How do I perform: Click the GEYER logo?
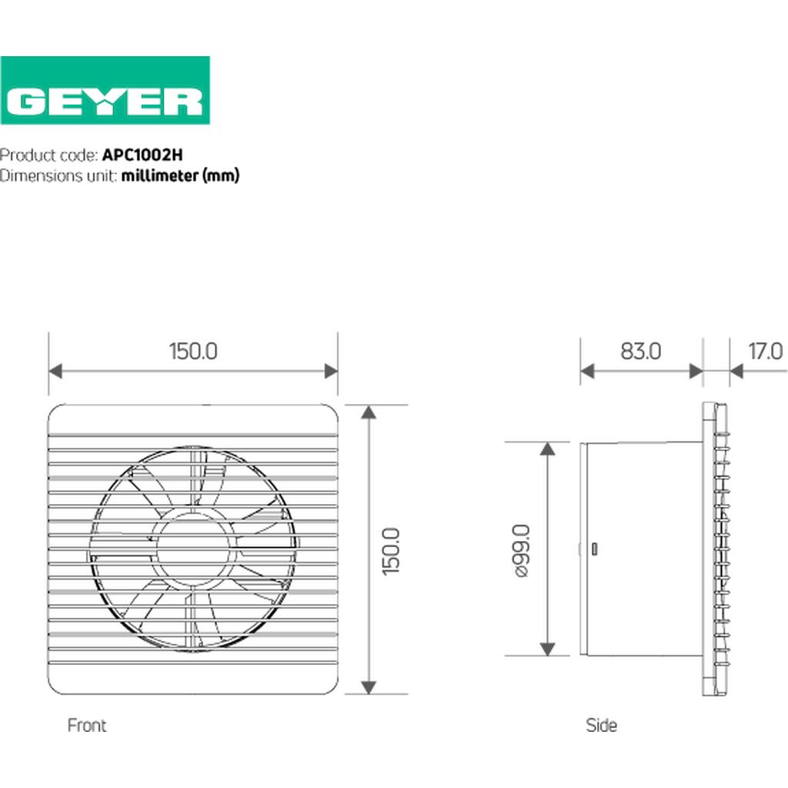coord(105,91)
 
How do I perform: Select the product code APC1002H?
coord(142,155)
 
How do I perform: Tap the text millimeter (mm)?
coord(180,176)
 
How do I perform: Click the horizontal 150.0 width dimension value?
coord(193,351)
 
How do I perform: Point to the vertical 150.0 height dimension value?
coord(390,551)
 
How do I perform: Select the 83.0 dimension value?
coord(641,351)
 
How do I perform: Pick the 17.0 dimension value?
coord(766,351)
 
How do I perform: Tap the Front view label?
coord(87,725)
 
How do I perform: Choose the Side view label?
coord(601,725)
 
